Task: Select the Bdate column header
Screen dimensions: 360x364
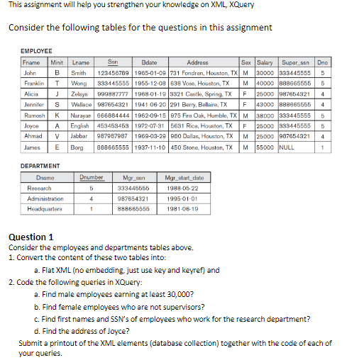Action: tap(149, 62)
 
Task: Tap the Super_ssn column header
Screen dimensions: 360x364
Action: tap(297, 62)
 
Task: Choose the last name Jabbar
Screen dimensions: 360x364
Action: tap(79, 135)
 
